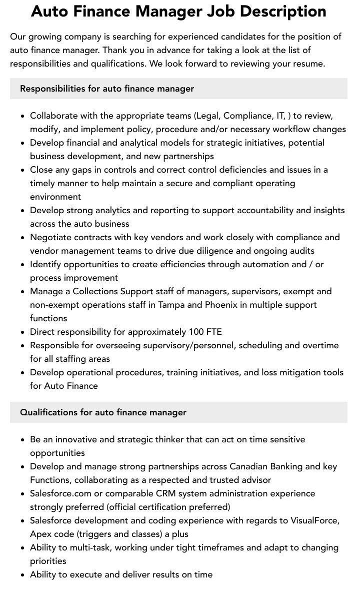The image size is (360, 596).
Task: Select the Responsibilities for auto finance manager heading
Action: click(x=107, y=89)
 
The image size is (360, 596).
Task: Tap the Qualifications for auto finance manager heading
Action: click(x=103, y=412)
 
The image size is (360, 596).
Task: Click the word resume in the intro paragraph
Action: click(x=307, y=64)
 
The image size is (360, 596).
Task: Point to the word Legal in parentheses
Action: click(x=207, y=116)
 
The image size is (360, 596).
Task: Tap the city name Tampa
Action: click(x=171, y=305)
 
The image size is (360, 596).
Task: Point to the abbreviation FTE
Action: click(x=214, y=332)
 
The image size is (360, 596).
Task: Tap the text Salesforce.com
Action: click(x=60, y=493)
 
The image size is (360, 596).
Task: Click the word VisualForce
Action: click(x=314, y=520)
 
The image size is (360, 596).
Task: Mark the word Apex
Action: click(x=40, y=534)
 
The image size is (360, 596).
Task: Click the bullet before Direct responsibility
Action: click(x=23, y=332)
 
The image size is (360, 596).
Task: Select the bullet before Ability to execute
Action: click(x=23, y=575)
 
